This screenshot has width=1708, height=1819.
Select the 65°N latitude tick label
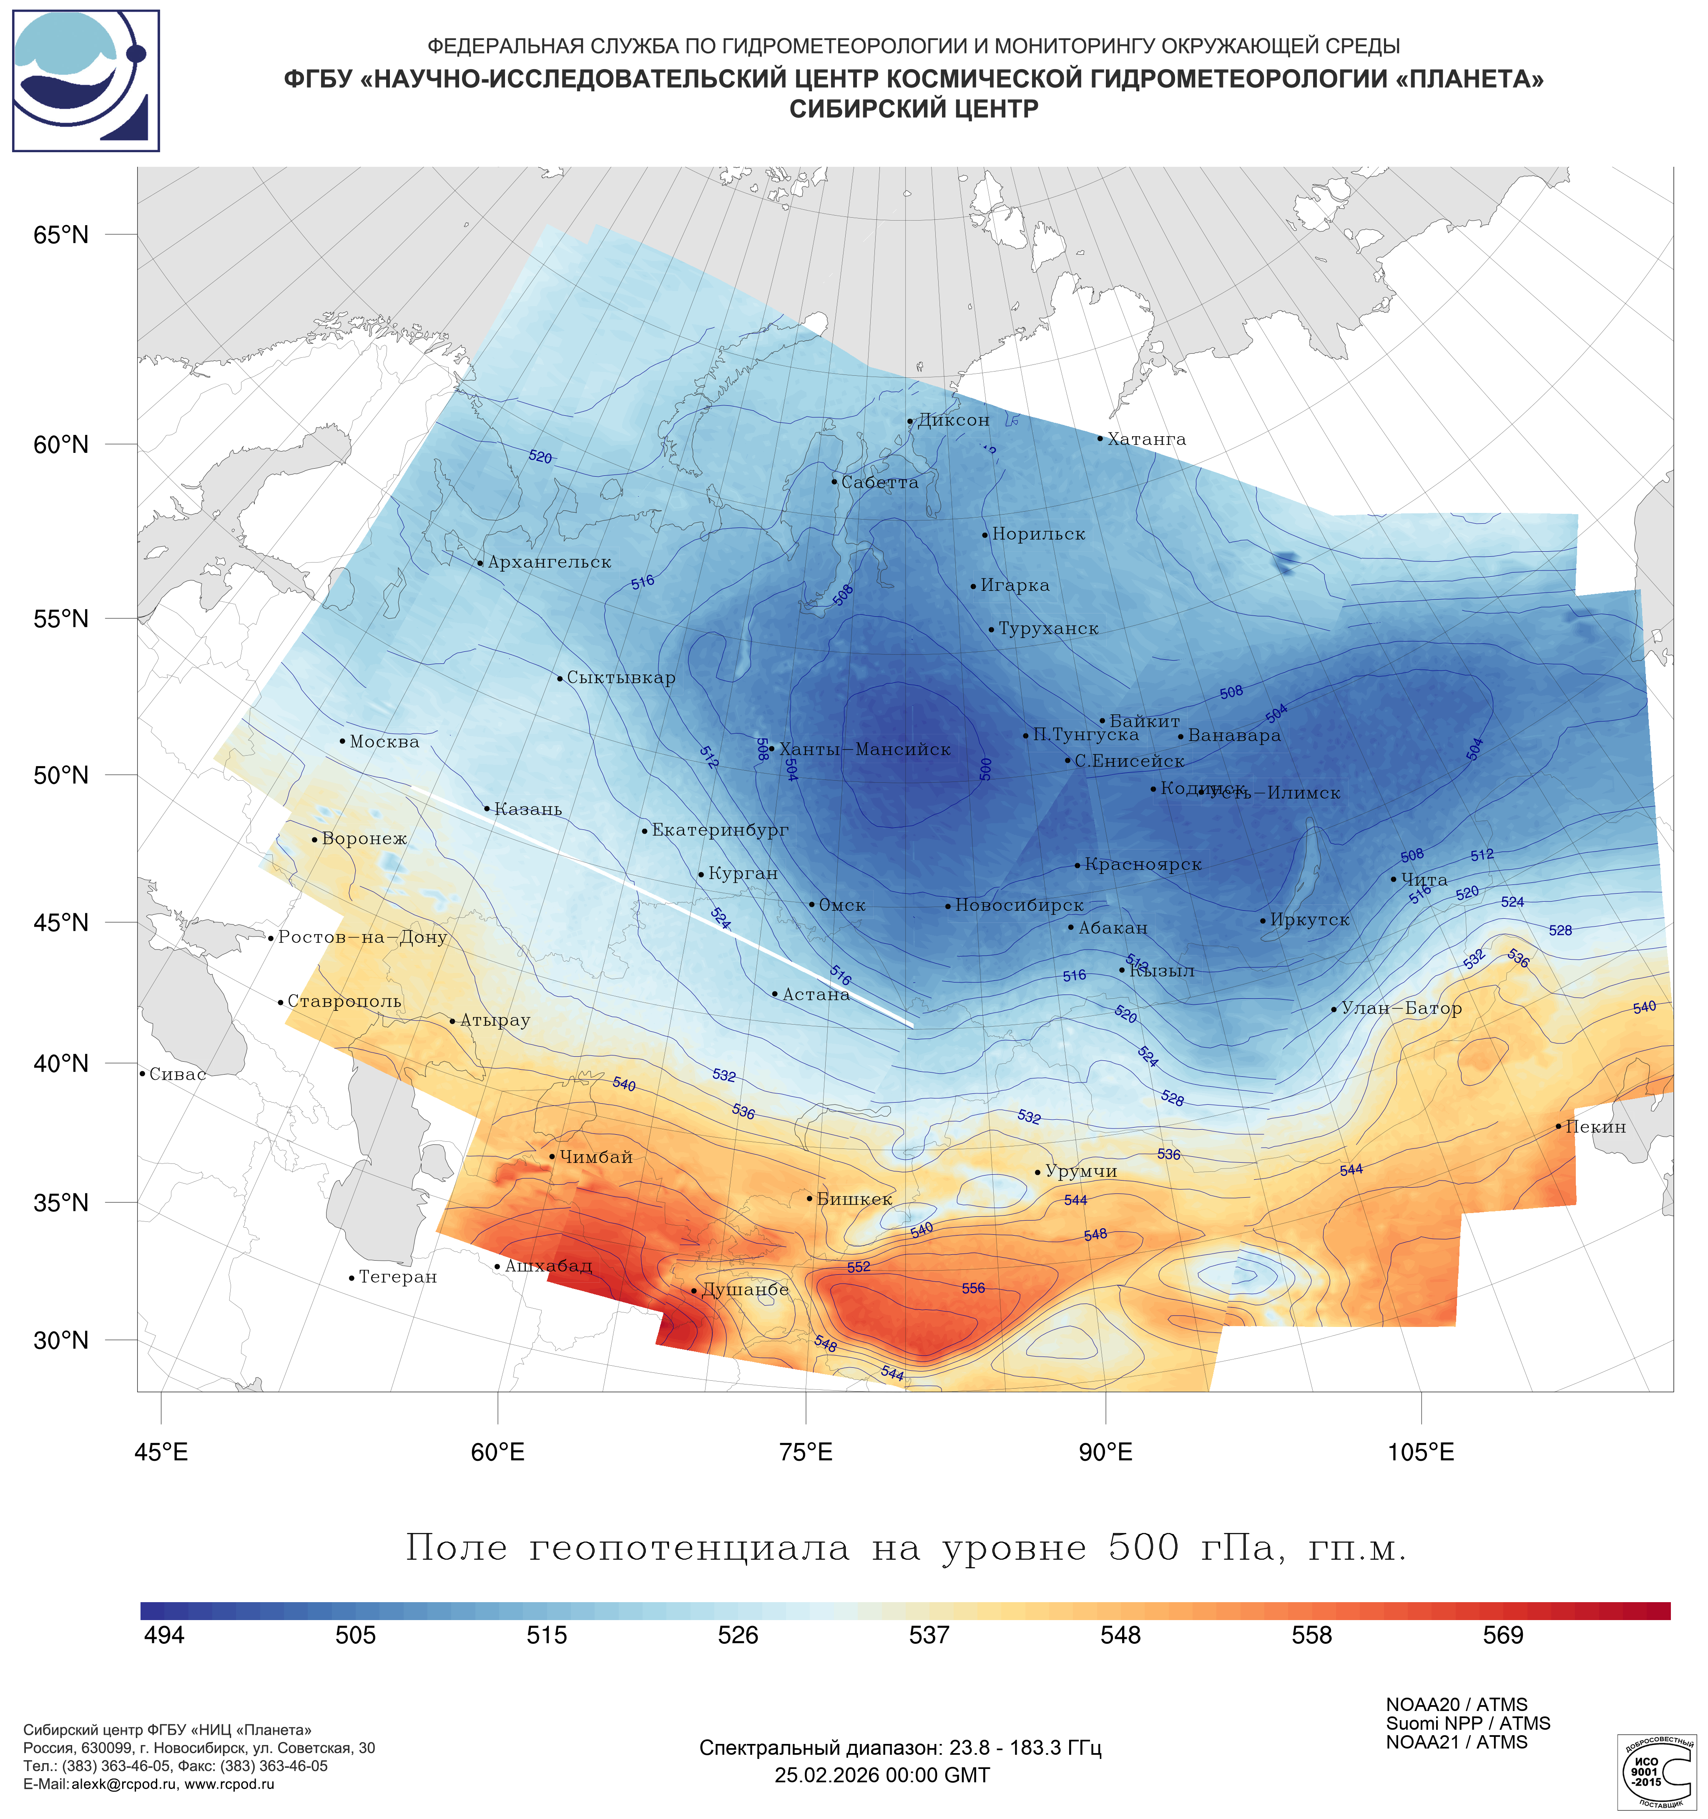pyautogui.click(x=61, y=235)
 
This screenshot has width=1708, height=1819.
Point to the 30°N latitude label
pyautogui.click(x=61, y=1340)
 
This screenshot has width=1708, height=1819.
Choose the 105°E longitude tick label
pyautogui.click(x=1421, y=1452)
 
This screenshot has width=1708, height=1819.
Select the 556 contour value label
pyautogui.click(x=973, y=1288)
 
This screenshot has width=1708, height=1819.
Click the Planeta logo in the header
pyautogui.click(x=86, y=80)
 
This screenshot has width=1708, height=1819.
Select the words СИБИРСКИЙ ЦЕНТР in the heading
pyautogui.click(x=914, y=109)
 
